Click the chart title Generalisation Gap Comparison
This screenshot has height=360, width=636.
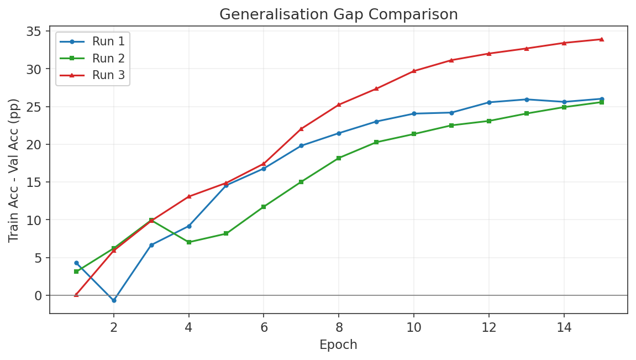(x=338, y=14)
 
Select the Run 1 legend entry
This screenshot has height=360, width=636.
(x=108, y=41)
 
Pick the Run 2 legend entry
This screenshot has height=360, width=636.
(x=108, y=58)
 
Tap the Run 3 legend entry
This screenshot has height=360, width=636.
(x=108, y=75)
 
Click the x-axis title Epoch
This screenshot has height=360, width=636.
(x=338, y=345)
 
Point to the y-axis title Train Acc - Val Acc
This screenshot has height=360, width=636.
(x=14, y=170)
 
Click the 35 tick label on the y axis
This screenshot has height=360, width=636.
(x=35, y=32)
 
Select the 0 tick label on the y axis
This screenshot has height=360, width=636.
(x=38, y=296)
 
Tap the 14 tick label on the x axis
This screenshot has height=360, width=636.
(x=564, y=327)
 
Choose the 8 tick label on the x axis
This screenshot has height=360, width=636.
(x=339, y=327)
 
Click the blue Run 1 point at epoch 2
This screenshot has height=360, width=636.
(x=114, y=300)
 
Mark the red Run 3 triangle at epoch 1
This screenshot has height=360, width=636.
(x=76, y=295)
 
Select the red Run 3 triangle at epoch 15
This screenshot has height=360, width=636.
(x=601, y=39)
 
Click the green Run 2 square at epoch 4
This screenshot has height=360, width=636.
(x=189, y=242)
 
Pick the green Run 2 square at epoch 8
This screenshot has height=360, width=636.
(x=339, y=158)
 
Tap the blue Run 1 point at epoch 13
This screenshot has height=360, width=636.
(x=526, y=100)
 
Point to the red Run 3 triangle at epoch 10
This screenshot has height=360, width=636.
(x=414, y=71)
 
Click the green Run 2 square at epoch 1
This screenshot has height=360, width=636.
(x=76, y=272)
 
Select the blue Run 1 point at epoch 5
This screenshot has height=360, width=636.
(x=226, y=185)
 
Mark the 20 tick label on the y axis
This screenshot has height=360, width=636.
(x=35, y=145)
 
